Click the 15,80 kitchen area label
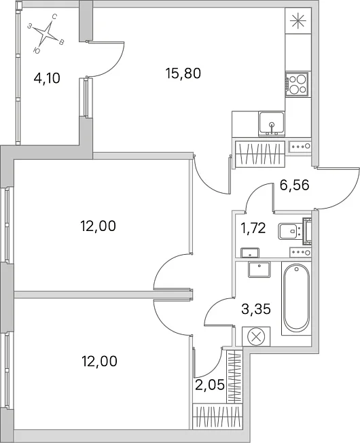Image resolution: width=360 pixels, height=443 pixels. [x=183, y=73]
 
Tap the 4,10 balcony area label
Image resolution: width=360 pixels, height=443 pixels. [x=47, y=78]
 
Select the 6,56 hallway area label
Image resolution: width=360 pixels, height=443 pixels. [x=295, y=185]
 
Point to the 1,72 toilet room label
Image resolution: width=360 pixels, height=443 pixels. [x=253, y=228]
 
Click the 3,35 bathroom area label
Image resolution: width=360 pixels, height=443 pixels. [x=256, y=308]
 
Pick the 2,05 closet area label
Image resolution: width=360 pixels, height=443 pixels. [x=210, y=385]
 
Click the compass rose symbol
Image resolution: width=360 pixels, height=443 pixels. [x=47, y=33]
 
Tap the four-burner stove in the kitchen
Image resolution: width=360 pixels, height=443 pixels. [x=296, y=84]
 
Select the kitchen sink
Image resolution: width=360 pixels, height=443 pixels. [x=271, y=124]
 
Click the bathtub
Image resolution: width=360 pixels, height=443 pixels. [x=296, y=298]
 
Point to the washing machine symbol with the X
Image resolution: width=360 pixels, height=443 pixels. [x=256, y=336]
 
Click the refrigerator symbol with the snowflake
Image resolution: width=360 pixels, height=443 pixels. [x=298, y=21]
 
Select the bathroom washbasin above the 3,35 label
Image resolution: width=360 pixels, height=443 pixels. [x=259, y=269]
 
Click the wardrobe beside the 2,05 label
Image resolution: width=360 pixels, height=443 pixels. [x=235, y=376]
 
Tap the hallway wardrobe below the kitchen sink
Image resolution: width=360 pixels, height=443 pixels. [x=260, y=154]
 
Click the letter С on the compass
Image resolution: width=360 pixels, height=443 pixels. [x=55, y=17]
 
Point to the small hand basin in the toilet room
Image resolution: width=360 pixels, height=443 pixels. [x=250, y=253]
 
